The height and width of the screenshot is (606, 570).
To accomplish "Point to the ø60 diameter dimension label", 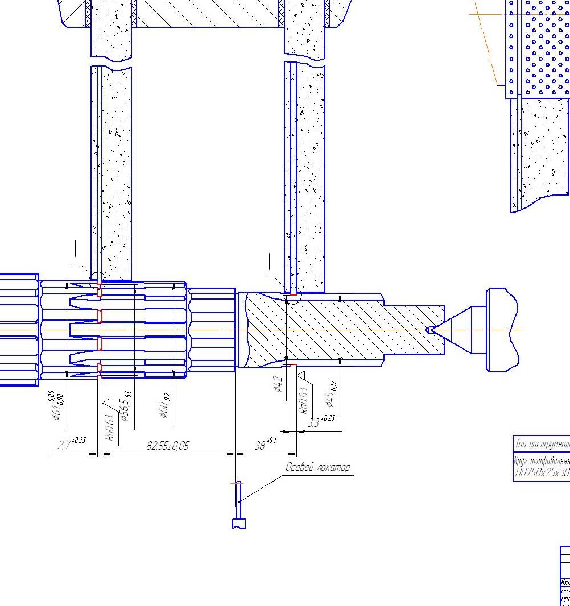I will pos(165,405).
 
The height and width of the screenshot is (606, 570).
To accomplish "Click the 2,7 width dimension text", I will pos(71,443).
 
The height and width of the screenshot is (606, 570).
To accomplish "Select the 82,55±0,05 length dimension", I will pos(167,446).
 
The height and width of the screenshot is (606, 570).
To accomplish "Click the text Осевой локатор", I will pos(317,467).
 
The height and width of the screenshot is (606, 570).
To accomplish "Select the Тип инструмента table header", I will pos(542,443).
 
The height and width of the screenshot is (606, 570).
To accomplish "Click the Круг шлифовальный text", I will pos(542,460).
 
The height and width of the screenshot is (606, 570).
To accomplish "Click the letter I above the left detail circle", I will pos(75,248).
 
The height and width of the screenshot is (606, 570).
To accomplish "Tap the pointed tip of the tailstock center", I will pos(428,329).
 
